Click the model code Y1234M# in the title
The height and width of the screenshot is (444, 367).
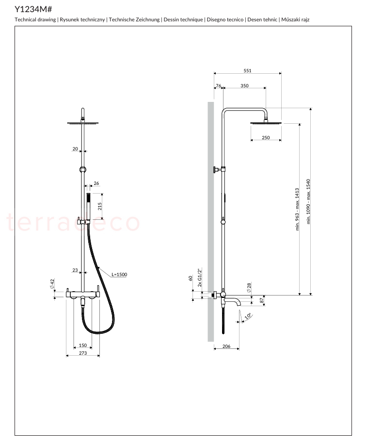[33, 9]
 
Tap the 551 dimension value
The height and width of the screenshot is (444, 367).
[248, 70]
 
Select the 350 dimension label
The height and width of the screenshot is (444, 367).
[244, 85]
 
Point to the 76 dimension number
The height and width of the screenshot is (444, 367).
[219, 85]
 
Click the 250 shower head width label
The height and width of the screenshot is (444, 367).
[266, 138]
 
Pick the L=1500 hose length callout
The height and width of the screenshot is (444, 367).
[119, 274]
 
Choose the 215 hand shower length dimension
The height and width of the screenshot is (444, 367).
[99, 206]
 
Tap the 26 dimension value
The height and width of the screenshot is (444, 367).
[96, 183]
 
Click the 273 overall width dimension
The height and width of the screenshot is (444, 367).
[83, 353]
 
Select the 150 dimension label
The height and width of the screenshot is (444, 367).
[83, 345]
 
